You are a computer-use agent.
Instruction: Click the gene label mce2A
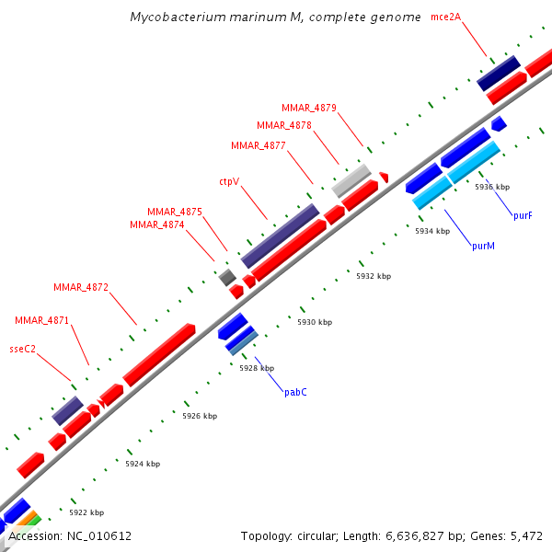tap(445, 16)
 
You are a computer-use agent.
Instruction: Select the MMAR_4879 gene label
tap(309, 108)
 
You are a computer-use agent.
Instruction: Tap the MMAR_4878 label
tap(284, 125)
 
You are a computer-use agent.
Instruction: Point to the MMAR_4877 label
tap(259, 145)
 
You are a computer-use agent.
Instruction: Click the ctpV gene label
tap(229, 181)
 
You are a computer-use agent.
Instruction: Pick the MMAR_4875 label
tap(175, 212)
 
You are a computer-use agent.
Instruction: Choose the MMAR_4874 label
tap(157, 224)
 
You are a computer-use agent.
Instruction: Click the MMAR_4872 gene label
tap(81, 287)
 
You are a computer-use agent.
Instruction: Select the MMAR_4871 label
tap(41, 320)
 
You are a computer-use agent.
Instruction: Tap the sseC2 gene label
tap(22, 349)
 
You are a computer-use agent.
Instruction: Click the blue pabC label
tap(295, 392)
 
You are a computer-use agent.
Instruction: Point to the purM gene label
tap(484, 246)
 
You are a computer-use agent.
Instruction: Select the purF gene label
tap(523, 215)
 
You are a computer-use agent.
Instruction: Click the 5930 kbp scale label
tap(315, 322)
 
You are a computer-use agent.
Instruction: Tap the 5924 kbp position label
tap(143, 464)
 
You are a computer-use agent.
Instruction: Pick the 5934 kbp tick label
tap(432, 231)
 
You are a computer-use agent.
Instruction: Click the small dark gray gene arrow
tap(226, 276)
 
